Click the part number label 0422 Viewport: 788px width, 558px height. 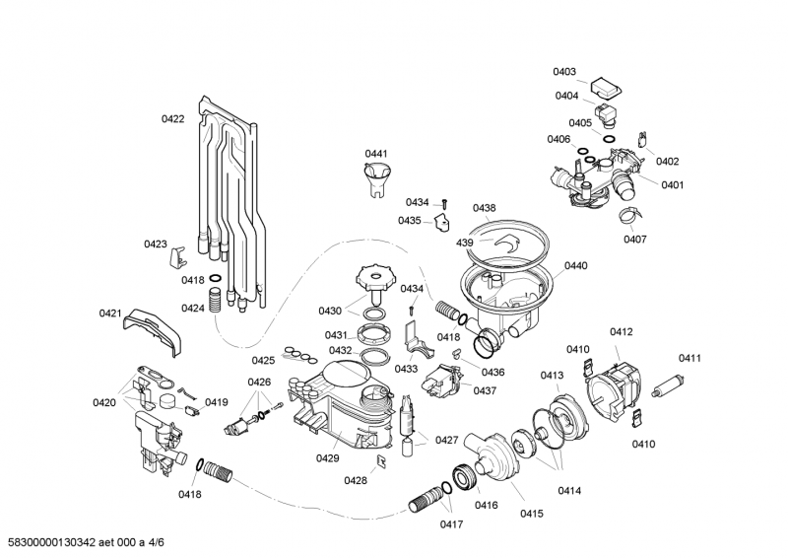pyautogui.click(x=172, y=119)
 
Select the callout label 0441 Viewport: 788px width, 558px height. pyautogui.click(x=376, y=154)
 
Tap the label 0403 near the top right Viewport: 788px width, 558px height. pyautogui.click(x=564, y=72)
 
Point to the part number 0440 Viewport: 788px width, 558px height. pyautogui.click(x=576, y=265)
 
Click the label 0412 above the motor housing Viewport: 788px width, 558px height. pyautogui.click(x=621, y=332)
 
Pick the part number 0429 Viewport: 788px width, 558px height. pyautogui.click(x=328, y=458)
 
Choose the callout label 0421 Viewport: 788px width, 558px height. pyautogui.click(x=109, y=314)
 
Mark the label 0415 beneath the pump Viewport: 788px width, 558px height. pyautogui.click(x=532, y=513)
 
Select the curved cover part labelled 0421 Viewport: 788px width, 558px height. pyautogui.click(x=155, y=328)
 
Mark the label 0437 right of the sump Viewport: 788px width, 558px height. pyautogui.click(x=485, y=391)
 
